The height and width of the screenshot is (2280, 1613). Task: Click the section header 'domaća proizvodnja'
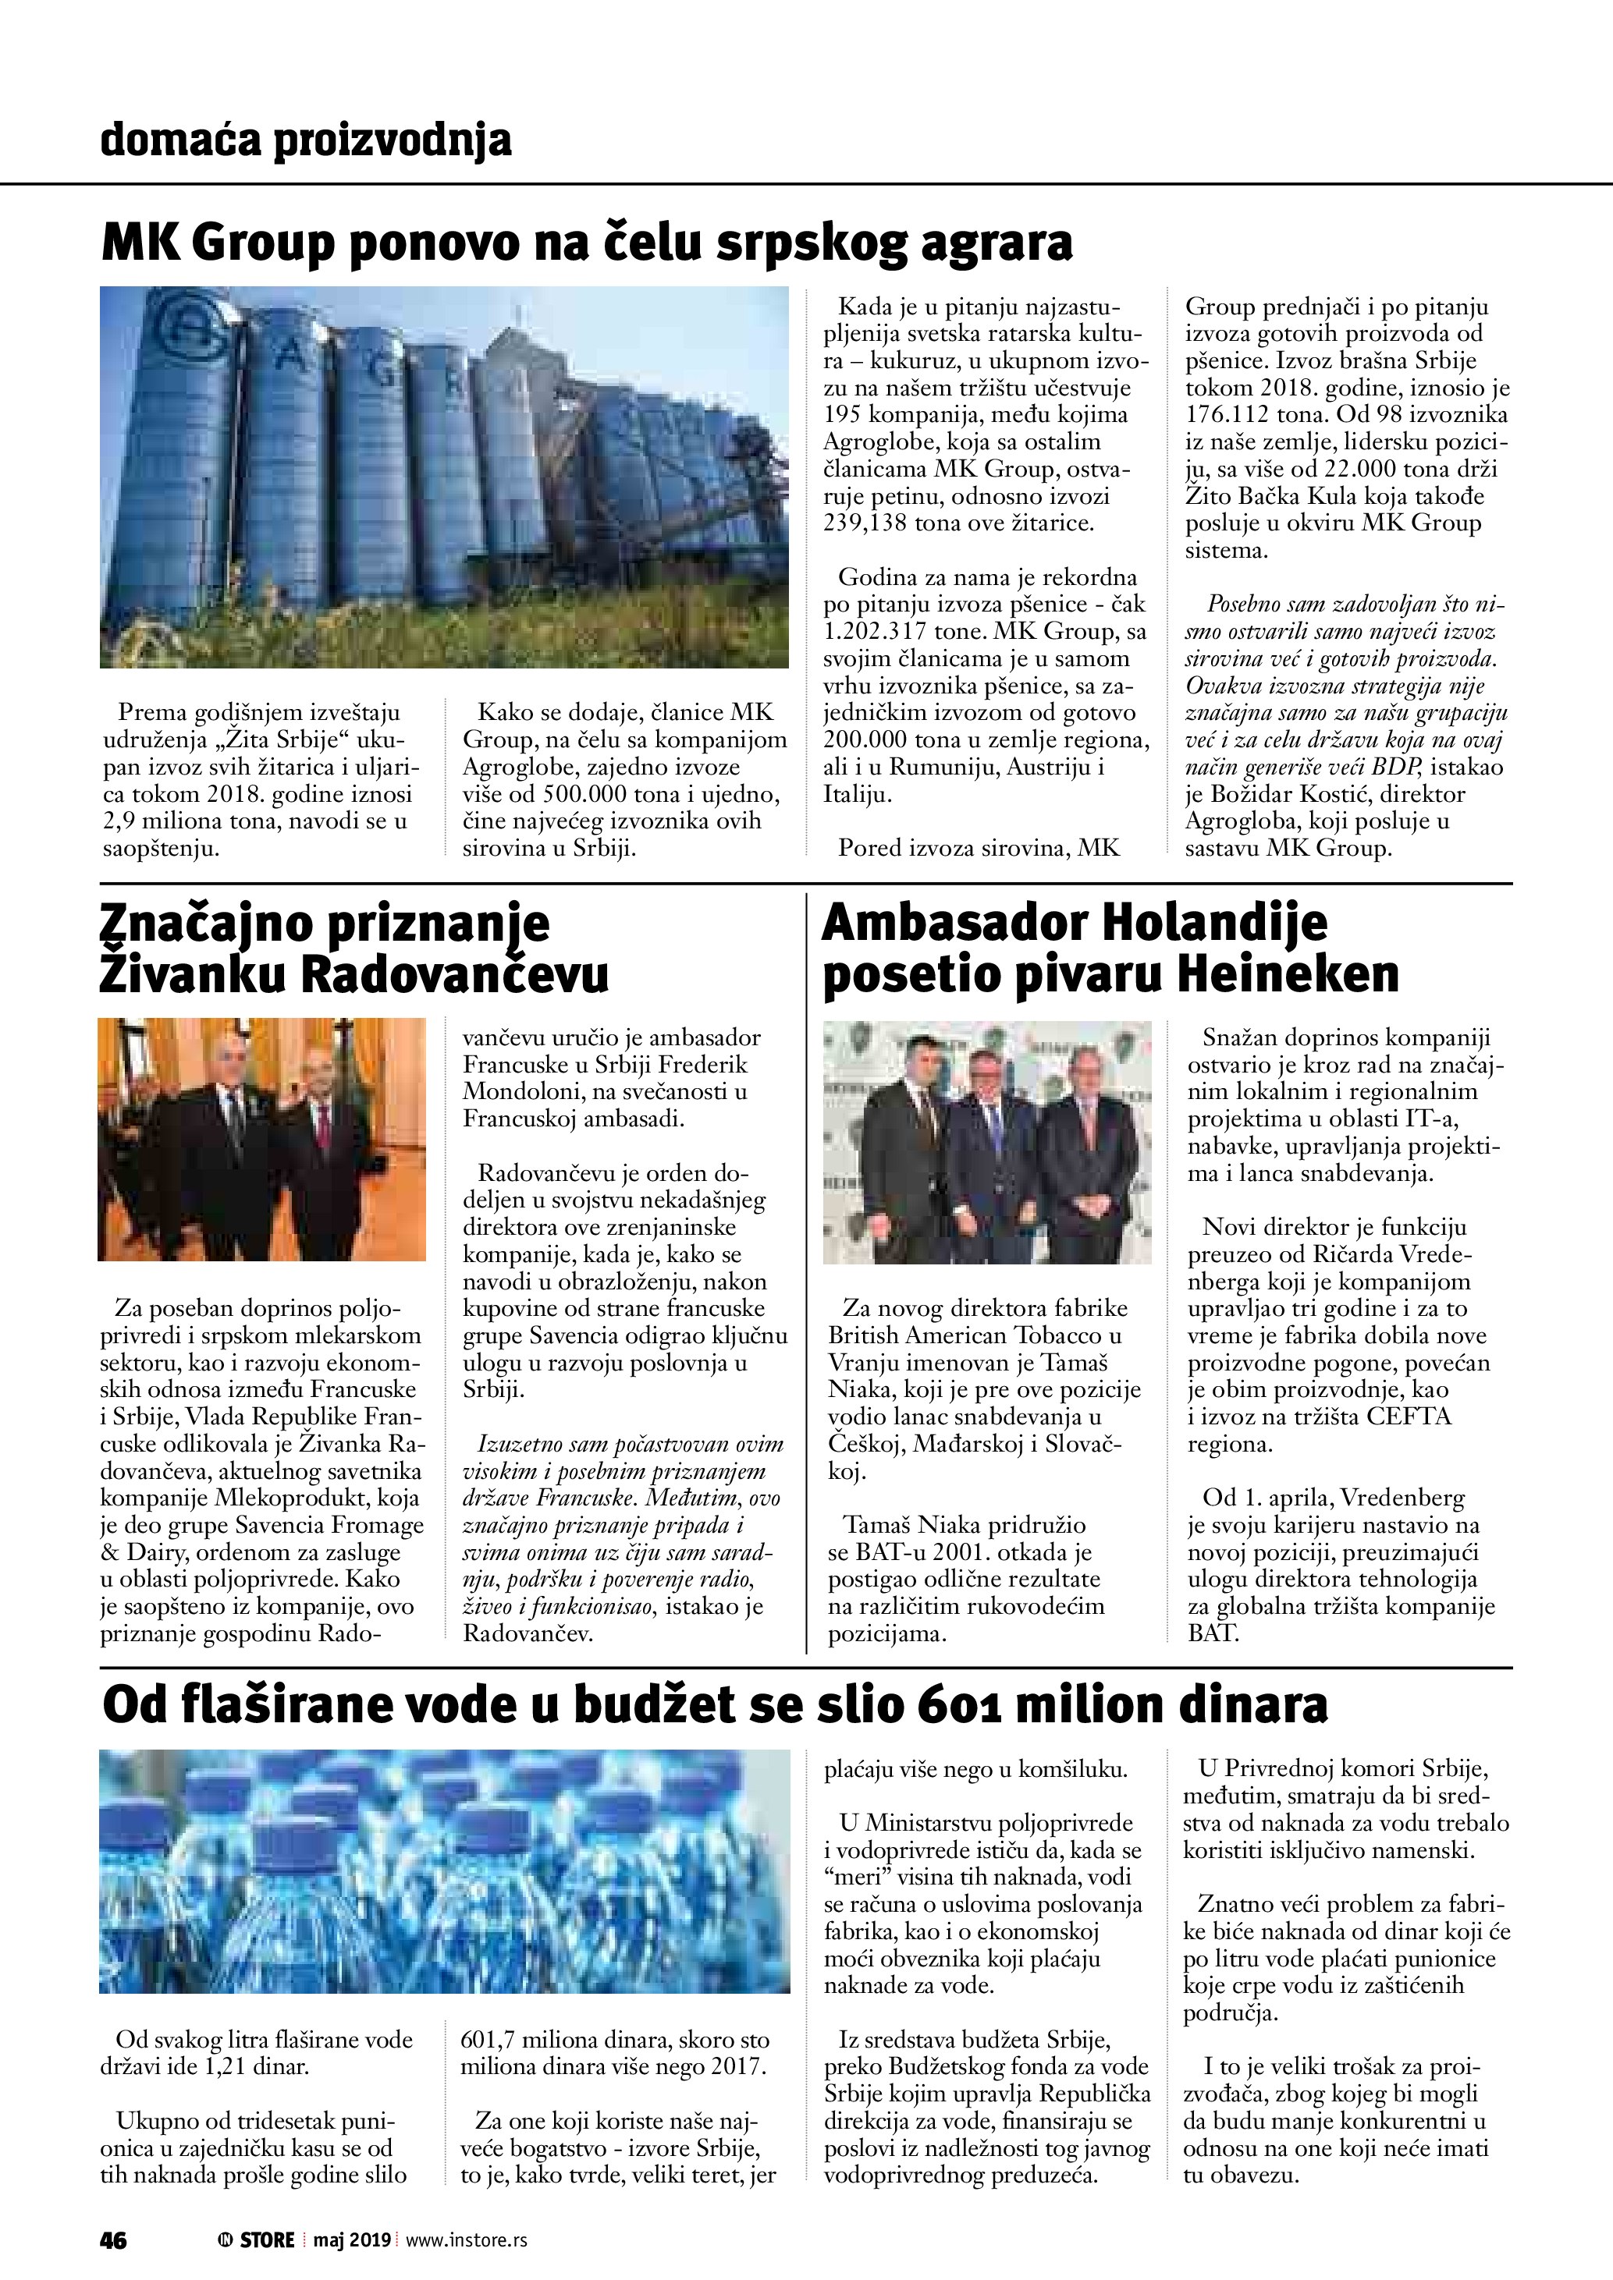(306, 140)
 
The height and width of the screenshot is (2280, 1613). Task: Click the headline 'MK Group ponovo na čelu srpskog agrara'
(586, 243)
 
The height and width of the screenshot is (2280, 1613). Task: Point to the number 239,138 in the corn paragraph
(863, 523)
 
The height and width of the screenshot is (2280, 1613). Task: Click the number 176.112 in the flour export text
(1228, 415)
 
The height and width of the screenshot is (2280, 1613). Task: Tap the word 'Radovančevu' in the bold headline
(454, 974)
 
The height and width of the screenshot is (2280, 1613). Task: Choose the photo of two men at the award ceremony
(261, 1139)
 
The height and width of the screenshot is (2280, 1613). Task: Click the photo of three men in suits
(987, 1142)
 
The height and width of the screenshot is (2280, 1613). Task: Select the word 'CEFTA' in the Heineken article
(1409, 1417)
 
